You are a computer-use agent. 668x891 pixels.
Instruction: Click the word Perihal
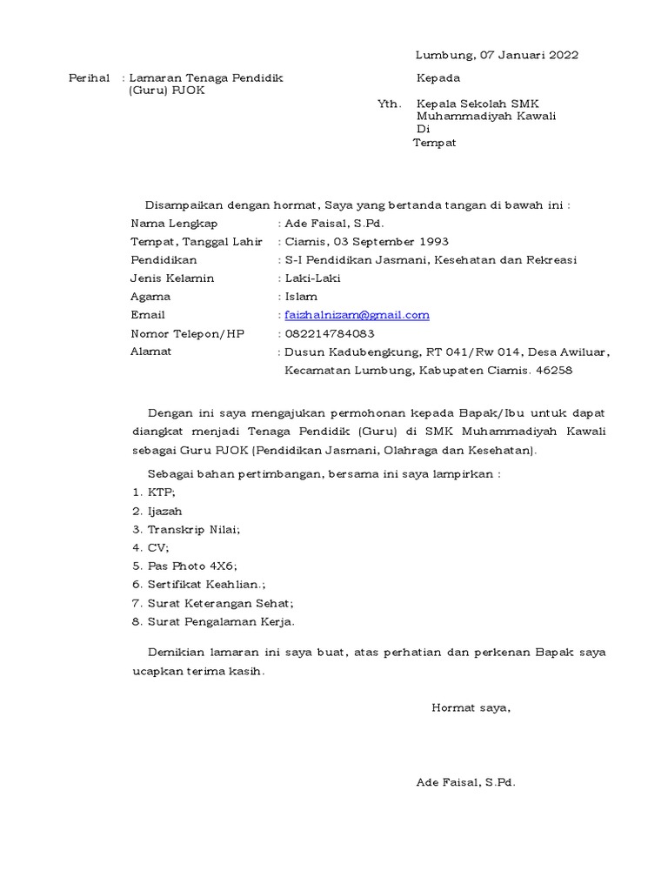pos(90,78)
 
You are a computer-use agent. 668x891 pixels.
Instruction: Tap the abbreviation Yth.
pos(389,104)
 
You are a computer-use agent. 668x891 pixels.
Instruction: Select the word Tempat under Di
pos(434,143)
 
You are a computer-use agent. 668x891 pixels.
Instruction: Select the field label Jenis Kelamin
pos(172,278)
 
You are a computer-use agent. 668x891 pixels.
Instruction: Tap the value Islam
pos(301,297)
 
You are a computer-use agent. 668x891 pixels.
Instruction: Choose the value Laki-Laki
pos(313,278)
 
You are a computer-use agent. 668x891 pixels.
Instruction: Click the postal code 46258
pos(556,371)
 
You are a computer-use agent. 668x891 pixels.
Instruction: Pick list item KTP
pos(162,492)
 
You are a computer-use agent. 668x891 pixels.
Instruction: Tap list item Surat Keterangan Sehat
pos(220,603)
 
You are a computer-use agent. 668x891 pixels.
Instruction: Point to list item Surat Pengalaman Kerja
pos(221,621)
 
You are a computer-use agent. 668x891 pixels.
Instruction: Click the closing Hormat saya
pos(471,708)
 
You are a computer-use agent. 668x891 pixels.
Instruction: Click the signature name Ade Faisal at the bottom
pos(465,783)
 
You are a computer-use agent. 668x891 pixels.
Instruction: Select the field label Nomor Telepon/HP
pos(187,333)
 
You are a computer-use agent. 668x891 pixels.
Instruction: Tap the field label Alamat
pos(150,352)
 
